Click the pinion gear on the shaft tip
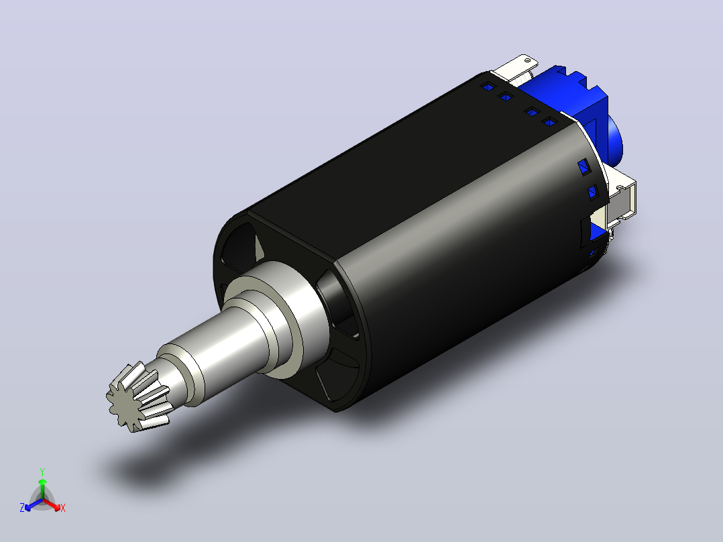click(137, 396)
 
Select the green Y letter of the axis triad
click(42, 472)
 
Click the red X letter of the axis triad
click(63, 508)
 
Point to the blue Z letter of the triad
click(21, 508)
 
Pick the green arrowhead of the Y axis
click(42, 482)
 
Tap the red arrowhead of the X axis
click(56, 507)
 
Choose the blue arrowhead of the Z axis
click(28, 507)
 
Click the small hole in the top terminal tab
click(527, 59)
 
